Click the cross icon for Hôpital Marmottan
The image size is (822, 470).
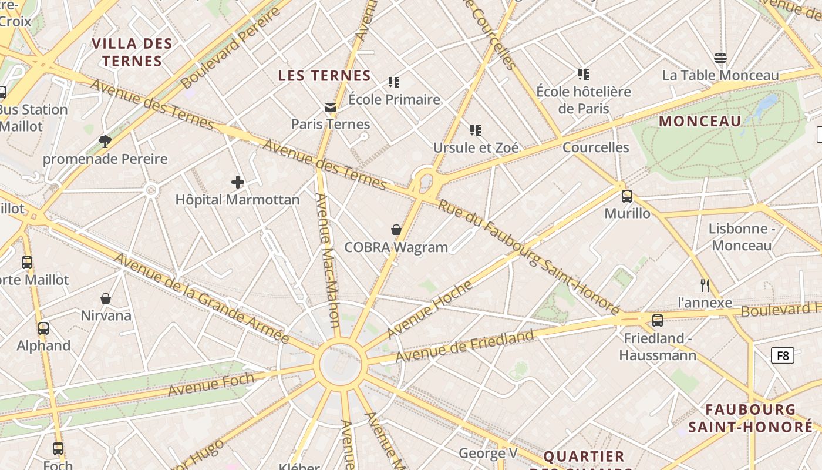(238, 182)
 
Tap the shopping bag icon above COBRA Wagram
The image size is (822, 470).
(396, 230)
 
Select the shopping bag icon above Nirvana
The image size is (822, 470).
(106, 298)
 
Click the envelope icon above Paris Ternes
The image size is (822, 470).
(331, 107)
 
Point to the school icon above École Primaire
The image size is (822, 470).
(393, 82)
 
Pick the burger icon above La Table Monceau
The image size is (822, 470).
(720, 58)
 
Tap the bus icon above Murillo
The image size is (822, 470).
(627, 196)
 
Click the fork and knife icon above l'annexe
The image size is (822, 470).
(705, 286)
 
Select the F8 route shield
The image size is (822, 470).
(783, 355)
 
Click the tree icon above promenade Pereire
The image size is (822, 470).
(105, 141)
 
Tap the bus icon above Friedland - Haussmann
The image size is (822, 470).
(658, 321)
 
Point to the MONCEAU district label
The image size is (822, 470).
(700, 122)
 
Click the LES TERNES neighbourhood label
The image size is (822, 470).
(325, 76)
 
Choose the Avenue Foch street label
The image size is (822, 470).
(211, 385)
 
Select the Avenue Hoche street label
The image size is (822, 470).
(430, 310)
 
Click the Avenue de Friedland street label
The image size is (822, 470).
(464, 347)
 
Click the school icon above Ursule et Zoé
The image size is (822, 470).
(476, 130)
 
